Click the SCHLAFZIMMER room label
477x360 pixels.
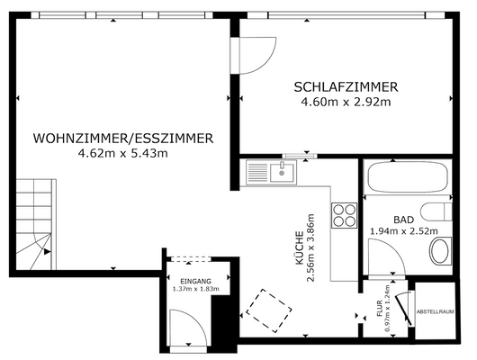(x=346, y=86)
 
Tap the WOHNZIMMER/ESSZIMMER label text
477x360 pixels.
(x=122, y=139)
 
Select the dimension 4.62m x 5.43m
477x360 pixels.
(x=123, y=153)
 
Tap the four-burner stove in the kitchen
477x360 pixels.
(x=345, y=214)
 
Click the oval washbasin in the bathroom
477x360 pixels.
(x=439, y=250)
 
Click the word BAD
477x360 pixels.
(x=403, y=219)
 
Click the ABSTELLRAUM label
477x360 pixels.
(x=435, y=313)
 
